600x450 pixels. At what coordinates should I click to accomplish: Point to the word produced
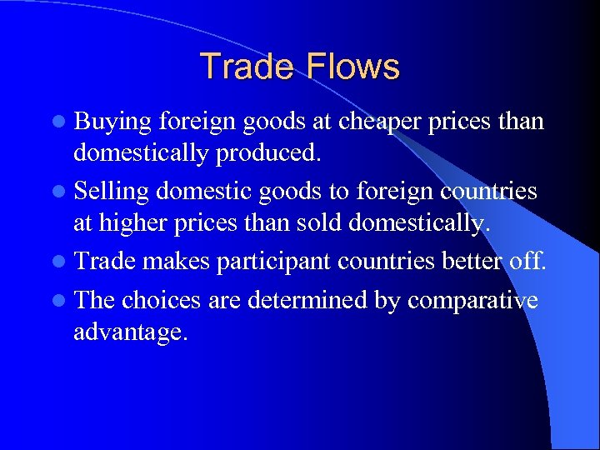point(276,156)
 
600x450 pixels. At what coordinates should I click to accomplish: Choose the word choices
point(162,298)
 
